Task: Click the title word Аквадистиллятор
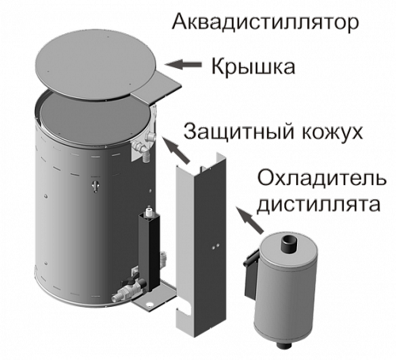(x=265, y=23)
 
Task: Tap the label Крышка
(x=253, y=67)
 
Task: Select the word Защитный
(x=238, y=132)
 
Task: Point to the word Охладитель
(x=322, y=179)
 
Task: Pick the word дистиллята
(x=318, y=204)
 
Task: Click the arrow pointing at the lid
(x=183, y=64)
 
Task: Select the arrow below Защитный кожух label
(x=177, y=150)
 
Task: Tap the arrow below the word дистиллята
(x=249, y=221)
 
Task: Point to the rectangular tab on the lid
(x=157, y=88)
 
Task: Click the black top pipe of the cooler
(x=288, y=244)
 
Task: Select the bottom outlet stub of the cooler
(x=284, y=346)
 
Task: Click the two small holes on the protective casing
(x=215, y=246)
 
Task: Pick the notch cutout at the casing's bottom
(x=185, y=309)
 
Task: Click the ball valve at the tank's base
(x=130, y=288)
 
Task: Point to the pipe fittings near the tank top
(x=144, y=145)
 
